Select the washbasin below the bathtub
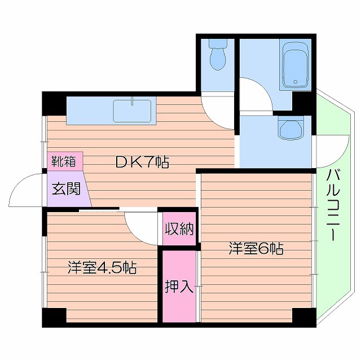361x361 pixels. tap(292, 128)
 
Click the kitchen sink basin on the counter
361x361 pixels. tap(132, 111)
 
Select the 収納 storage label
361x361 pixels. tap(179, 229)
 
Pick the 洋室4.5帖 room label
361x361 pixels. tap(102, 267)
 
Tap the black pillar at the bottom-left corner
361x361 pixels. tap(55, 317)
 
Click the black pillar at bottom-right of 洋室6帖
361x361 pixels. tap(304, 317)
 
